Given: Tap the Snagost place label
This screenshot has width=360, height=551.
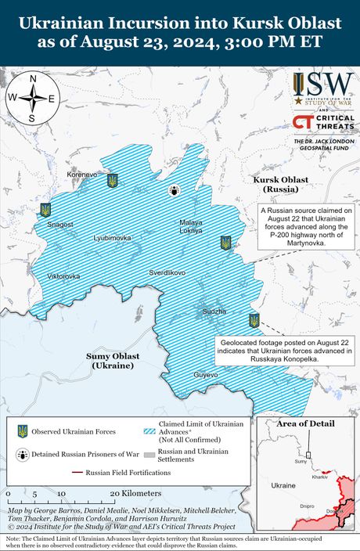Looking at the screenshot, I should point(60,225).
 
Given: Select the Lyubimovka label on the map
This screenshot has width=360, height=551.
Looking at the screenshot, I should point(112,237).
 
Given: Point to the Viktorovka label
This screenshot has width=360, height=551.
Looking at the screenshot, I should point(63,276).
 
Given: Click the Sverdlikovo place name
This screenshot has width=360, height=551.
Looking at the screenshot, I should point(167,272).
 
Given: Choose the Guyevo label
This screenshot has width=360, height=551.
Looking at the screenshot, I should point(206,376).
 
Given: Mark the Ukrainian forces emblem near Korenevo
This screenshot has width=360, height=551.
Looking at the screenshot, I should point(113,180).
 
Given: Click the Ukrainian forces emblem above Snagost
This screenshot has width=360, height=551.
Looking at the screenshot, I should point(45,210).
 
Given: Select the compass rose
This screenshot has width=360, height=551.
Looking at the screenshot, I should point(31,99).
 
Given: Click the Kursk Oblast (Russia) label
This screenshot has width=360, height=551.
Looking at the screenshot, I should point(280,185).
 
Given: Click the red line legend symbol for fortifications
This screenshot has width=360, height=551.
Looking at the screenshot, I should point(77,473).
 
